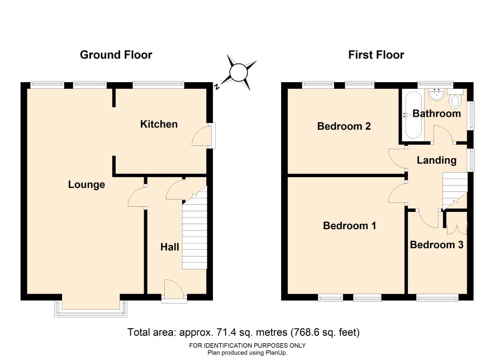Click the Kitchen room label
pos(159,124)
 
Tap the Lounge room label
pos(87,184)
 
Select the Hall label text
pos(170,247)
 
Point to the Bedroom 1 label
pos(350,225)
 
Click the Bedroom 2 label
pos(344,126)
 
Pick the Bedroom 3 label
pos(436,245)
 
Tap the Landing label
pos(436,160)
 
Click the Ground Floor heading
pos(116,55)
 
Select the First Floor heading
pos(376,55)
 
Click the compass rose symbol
pos(239,73)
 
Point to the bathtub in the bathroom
pos(413,115)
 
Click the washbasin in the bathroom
pos(437,94)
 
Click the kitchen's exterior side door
pos(203,135)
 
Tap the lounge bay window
pos(91,308)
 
